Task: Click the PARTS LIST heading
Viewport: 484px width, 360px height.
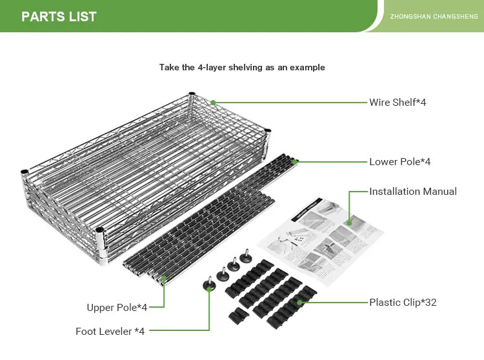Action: point(59,17)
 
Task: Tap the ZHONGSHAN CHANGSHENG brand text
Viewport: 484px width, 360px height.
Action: point(434,17)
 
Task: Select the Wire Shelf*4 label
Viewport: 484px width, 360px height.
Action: point(398,102)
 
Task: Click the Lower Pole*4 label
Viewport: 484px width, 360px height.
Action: point(399,162)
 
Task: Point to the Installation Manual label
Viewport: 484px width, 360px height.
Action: point(413,192)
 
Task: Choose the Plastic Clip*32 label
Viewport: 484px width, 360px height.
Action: point(403,302)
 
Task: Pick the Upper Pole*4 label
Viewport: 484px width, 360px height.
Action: point(117,307)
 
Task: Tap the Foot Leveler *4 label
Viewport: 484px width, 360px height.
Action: point(110,332)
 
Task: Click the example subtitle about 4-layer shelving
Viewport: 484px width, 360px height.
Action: point(242,67)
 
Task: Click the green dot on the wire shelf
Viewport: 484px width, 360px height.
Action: point(212,102)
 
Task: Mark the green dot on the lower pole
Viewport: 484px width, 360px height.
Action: point(294,162)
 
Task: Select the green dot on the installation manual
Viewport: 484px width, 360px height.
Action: point(349,223)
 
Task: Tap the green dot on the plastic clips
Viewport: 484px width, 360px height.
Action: point(301,302)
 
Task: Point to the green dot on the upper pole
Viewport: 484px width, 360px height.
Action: point(164,278)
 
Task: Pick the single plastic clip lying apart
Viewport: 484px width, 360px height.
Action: point(239,316)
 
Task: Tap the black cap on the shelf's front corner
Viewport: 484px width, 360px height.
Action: point(99,230)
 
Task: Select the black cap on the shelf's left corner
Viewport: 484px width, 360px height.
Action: point(24,172)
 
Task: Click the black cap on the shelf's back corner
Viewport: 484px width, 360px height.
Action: point(192,95)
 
